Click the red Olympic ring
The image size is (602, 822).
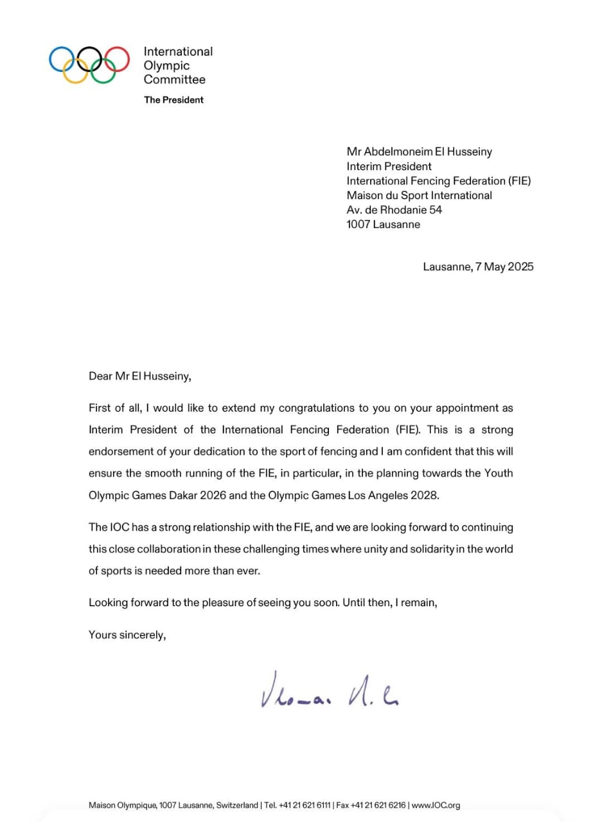point(117,58)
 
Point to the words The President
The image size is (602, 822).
point(173,100)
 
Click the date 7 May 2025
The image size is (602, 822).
point(504,267)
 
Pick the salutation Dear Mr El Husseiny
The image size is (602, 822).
point(140,377)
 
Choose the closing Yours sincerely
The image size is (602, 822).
point(127,635)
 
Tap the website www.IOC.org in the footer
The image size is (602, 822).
point(436,805)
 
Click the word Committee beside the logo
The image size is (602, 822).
point(175,80)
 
